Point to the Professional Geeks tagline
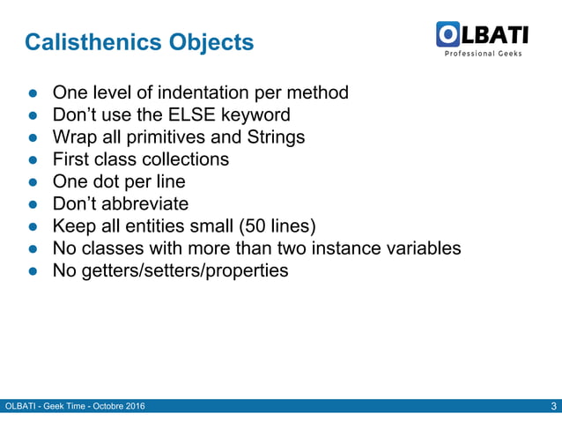point(482,54)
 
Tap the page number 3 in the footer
point(552,406)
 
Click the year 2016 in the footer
point(134,406)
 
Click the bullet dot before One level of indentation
point(31,93)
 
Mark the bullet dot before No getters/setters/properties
point(31,271)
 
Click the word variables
point(423,248)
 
